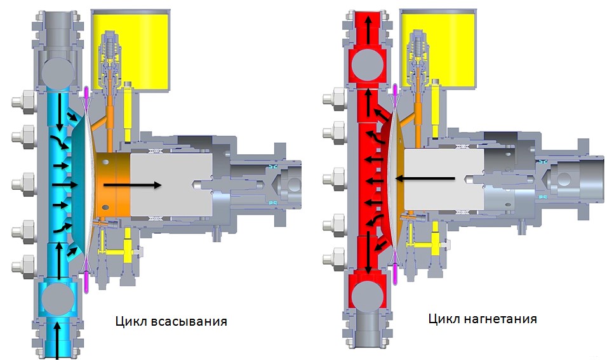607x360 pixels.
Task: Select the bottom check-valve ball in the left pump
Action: pyautogui.click(x=58, y=298)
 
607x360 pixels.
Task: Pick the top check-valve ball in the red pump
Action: pyautogui.click(x=367, y=65)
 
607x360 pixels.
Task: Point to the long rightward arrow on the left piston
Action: pyautogui.click(x=133, y=185)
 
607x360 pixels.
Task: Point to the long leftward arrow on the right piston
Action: pyautogui.click(x=425, y=178)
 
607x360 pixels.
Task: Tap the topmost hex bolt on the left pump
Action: pyautogui.click(x=24, y=102)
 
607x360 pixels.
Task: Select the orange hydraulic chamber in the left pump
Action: pyautogui.click(x=112, y=185)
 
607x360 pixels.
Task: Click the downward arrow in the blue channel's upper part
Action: pyautogui.click(x=59, y=112)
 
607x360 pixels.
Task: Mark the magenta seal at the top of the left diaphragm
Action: pyautogui.click(x=86, y=93)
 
